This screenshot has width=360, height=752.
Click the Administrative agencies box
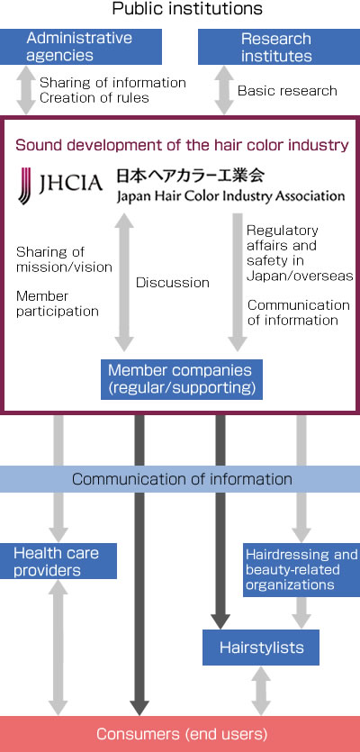pyautogui.click(x=80, y=47)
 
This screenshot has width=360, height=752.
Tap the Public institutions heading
pyautogui.click(x=187, y=9)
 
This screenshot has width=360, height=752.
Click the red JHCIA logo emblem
pyautogui.click(x=24, y=186)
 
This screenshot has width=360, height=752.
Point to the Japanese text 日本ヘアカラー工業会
pyautogui.click(x=190, y=176)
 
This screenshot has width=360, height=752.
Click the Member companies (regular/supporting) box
pyautogui.click(x=182, y=379)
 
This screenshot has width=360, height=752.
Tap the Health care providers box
pyautogui.click(x=58, y=561)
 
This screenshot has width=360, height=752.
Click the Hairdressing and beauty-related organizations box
pyautogui.click(x=301, y=570)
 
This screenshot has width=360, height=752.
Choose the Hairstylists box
pyautogui.click(x=261, y=648)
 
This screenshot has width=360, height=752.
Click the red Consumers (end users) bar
pyautogui.click(x=180, y=734)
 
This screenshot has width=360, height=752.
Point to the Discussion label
pyautogui.click(x=173, y=283)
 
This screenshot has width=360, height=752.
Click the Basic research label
pyautogui.click(x=287, y=91)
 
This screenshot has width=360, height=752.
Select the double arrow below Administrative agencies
pyautogui.click(x=26, y=91)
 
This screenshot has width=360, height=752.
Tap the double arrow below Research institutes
pyautogui.click(x=223, y=91)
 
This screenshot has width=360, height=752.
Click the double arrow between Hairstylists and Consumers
pyautogui.click(x=261, y=690)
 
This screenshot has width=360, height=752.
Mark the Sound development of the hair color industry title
pyautogui.click(x=182, y=145)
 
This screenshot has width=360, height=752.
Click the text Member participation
pyautogui.click(x=58, y=304)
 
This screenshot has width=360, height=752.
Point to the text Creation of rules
pyautogui.click(x=94, y=98)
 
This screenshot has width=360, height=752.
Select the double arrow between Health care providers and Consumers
pyautogui.click(x=58, y=647)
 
